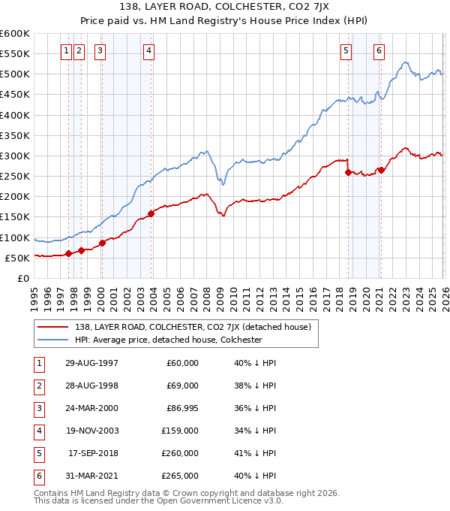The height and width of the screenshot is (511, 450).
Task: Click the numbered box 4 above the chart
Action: [x=149, y=51]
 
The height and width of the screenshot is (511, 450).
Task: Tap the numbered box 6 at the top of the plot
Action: [x=379, y=51]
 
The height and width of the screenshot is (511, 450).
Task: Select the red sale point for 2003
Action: [x=151, y=213]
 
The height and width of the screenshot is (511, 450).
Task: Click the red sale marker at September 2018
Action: [x=348, y=172]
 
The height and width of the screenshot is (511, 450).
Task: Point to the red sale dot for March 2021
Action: [x=381, y=170]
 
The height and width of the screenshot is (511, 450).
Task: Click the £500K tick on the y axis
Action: [x=15, y=74]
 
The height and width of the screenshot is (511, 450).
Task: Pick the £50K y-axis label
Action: [x=18, y=258]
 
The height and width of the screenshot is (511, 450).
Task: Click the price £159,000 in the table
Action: [x=180, y=431]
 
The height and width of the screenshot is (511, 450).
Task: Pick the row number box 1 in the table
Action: [x=37, y=363]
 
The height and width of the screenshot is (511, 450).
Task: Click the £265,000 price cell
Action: [x=180, y=476]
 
